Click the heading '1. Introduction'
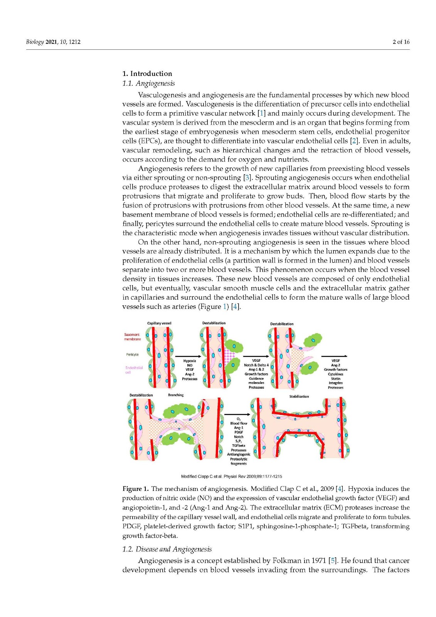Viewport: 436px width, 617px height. click(x=147, y=74)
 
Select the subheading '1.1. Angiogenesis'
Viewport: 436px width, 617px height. click(x=148, y=83)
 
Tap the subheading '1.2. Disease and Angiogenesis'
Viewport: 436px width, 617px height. click(x=167, y=549)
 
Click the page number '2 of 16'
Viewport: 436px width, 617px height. click(x=401, y=42)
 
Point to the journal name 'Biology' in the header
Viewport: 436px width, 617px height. click(x=35, y=42)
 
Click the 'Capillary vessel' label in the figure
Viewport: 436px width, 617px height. click(x=159, y=323)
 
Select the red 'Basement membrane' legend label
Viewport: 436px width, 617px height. click(x=132, y=337)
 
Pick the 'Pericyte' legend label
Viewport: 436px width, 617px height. click(x=132, y=354)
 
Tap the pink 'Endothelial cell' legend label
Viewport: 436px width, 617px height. click(x=134, y=370)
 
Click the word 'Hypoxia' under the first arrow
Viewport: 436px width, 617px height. click(x=190, y=361)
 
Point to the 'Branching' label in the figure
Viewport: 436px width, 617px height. click(x=176, y=395)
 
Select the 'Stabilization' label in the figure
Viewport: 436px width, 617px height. click(x=299, y=396)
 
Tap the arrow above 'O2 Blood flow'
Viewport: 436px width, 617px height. click(x=237, y=415)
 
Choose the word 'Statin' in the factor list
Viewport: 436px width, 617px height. click(x=336, y=379)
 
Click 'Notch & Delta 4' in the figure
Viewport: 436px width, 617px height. click(x=256, y=365)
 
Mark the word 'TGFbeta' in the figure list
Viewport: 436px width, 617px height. click(x=239, y=445)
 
